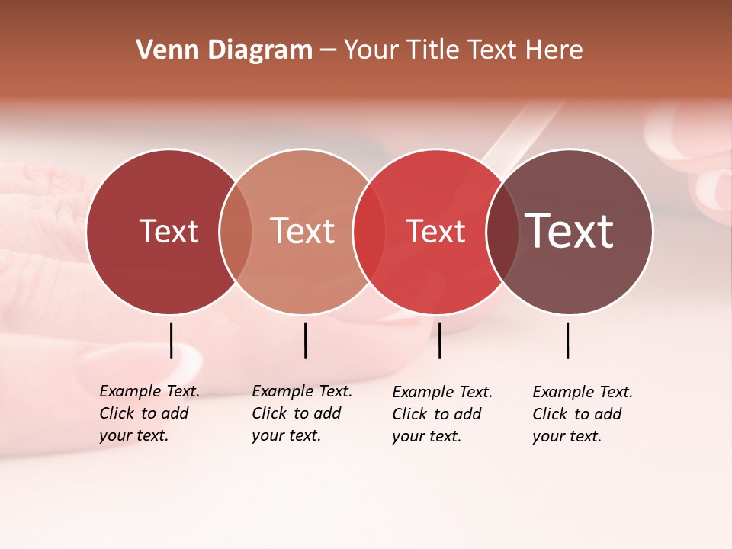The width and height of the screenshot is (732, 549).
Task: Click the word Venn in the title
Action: (163, 50)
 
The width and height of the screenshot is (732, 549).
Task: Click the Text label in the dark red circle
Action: (169, 231)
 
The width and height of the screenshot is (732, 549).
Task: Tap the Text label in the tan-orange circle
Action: (302, 231)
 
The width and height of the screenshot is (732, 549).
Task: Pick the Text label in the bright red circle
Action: (435, 231)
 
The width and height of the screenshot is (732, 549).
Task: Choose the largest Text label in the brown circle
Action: (569, 231)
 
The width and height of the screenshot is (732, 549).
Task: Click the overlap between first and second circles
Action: (236, 231)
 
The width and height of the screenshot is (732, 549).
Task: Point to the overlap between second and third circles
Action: (369, 231)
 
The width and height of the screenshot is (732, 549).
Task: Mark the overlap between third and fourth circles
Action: (502, 231)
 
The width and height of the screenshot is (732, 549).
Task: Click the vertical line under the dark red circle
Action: (171, 340)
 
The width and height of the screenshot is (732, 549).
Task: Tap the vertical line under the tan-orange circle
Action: (305, 340)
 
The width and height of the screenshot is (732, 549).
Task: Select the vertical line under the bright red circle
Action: (439, 340)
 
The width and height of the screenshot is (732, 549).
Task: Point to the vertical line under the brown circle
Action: (568, 340)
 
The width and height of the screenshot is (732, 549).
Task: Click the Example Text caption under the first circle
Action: (149, 413)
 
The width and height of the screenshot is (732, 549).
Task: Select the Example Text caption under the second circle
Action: (301, 413)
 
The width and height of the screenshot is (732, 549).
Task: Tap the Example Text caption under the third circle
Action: (441, 414)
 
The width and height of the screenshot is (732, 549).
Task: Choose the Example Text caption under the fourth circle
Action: (582, 414)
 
